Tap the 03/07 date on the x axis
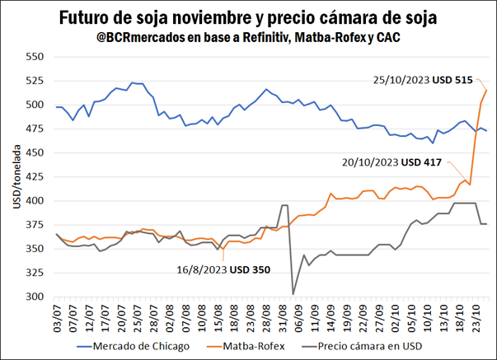(x=57, y=315)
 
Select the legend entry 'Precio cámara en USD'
(x=362, y=346)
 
